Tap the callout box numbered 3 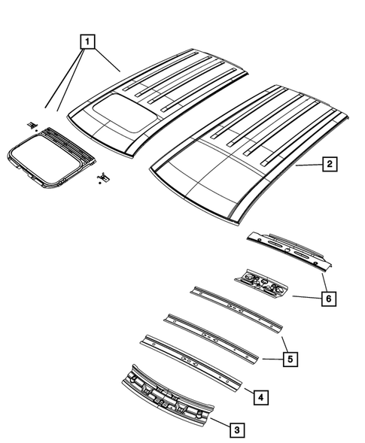(x=236, y=429)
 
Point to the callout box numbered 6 (x=328, y=299)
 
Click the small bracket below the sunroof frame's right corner (x=102, y=177)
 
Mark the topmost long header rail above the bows (x=290, y=251)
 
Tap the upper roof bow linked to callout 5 (x=237, y=308)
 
